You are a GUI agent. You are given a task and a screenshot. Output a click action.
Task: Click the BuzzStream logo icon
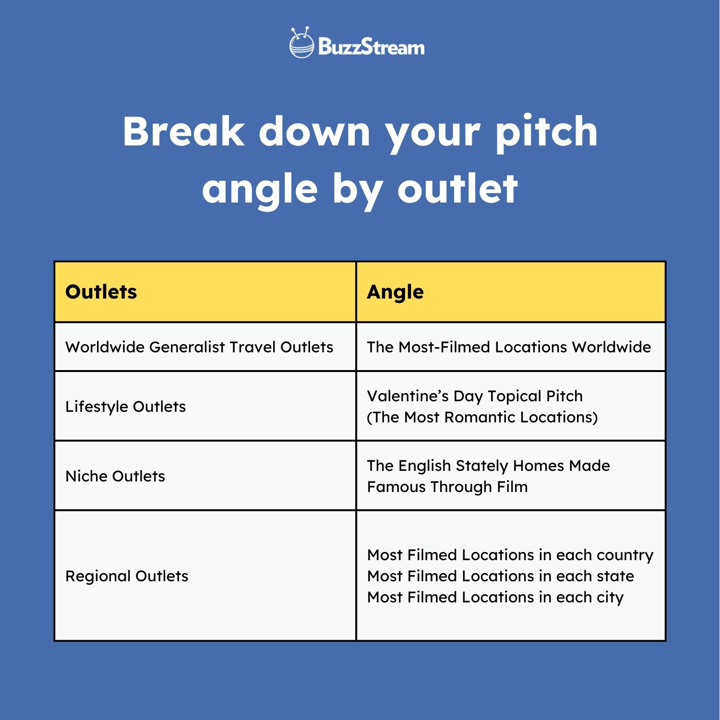(x=301, y=43)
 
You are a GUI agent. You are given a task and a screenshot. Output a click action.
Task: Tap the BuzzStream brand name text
(x=371, y=47)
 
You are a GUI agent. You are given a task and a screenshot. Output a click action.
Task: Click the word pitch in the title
(x=547, y=132)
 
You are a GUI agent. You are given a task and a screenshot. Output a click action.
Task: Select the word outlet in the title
(x=457, y=189)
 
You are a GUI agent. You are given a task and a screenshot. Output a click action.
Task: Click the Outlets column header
(x=101, y=292)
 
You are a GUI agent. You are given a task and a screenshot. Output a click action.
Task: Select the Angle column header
(x=395, y=292)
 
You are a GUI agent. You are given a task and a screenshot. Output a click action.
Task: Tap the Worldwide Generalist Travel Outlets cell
(x=199, y=347)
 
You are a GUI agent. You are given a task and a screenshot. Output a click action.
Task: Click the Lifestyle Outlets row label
(x=126, y=407)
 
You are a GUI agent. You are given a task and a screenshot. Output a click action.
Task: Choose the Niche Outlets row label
(x=115, y=476)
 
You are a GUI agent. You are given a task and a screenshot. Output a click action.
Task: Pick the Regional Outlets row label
(x=127, y=576)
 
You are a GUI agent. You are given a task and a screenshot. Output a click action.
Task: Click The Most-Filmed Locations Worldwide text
(x=509, y=347)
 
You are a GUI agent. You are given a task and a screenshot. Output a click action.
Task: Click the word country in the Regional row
(x=625, y=555)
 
